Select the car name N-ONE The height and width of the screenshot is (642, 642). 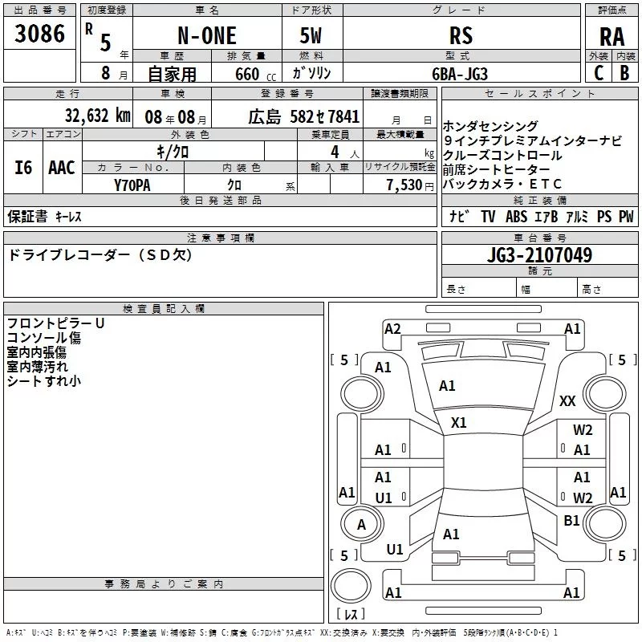click(206, 35)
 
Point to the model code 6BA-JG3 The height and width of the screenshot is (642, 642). click(459, 73)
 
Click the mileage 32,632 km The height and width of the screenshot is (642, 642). click(97, 115)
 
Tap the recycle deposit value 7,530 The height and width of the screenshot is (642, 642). click(405, 185)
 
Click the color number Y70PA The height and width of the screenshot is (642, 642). click(132, 185)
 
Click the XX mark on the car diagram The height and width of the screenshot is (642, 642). click(567, 400)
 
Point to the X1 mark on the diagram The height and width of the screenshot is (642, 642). click(459, 422)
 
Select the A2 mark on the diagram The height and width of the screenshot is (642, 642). click(392, 329)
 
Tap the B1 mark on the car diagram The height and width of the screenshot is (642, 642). click(571, 521)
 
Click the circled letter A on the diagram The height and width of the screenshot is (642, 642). click(361, 524)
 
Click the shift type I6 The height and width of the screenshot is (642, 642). click(24, 167)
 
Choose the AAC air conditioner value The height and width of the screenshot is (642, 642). click(62, 167)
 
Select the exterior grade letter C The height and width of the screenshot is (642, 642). click(598, 73)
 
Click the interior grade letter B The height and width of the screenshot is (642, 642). click(625, 73)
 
